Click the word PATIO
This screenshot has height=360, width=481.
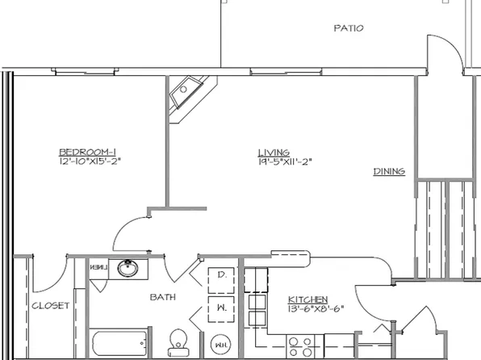click(348, 28)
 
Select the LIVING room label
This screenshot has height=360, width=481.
click(269, 153)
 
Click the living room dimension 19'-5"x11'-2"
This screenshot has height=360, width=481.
click(284, 161)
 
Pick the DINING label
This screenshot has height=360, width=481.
click(388, 171)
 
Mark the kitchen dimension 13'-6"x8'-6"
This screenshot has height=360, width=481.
click(308, 308)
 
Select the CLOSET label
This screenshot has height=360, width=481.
click(49, 306)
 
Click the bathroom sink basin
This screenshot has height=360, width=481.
click(128, 268)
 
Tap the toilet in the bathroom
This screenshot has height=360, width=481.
click(178, 341)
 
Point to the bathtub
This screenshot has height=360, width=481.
click(119, 343)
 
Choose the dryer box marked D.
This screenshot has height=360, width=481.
click(221, 278)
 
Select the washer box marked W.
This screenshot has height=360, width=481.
click(221, 308)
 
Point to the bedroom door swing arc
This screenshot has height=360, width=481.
click(129, 233)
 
